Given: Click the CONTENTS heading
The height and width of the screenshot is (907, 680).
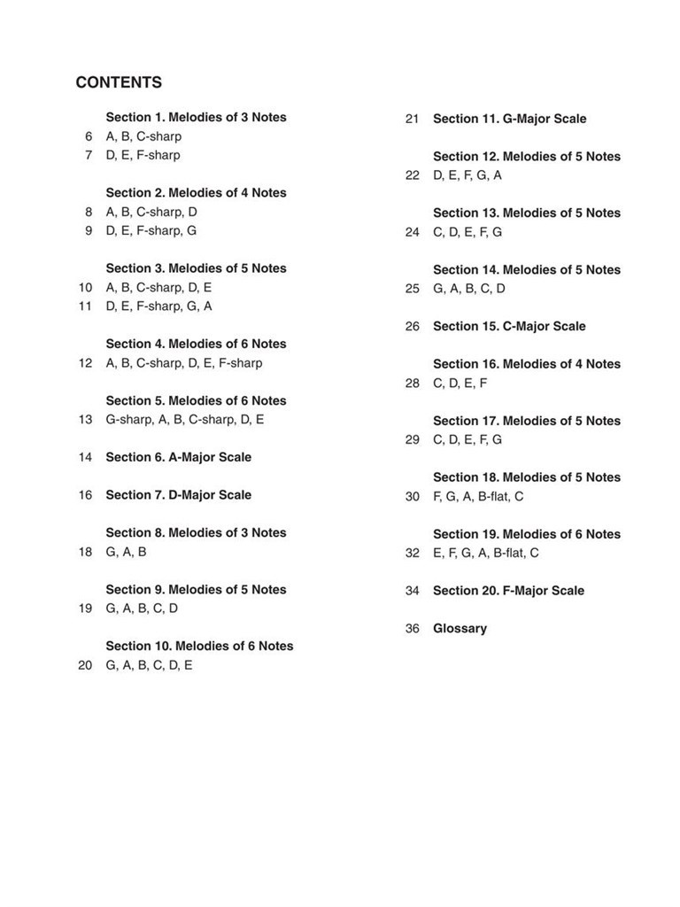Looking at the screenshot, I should [x=119, y=83].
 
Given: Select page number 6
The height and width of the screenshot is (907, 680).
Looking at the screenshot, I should [x=89, y=136].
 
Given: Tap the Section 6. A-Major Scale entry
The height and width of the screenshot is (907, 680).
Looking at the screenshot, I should [x=178, y=457].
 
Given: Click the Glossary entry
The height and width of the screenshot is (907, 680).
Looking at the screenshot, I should [x=460, y=628].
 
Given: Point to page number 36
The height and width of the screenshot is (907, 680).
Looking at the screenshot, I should [x=413, y=628].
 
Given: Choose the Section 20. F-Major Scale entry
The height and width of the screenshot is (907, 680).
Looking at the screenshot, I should [x=508, y=591].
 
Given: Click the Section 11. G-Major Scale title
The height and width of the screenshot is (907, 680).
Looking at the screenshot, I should [x=509, y=119].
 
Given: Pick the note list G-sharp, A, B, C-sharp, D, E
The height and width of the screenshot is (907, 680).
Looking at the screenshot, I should [x=184, y=420].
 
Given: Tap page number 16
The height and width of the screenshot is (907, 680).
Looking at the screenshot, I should [x=85, y=495].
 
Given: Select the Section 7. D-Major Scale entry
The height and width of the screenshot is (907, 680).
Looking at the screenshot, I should [x=178, y=495].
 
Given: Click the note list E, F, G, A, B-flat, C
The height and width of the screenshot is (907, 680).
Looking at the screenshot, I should [x=485, y=554].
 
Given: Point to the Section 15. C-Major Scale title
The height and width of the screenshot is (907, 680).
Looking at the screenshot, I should [x=509, y=326].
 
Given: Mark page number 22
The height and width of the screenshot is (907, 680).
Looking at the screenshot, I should [x=413, y=175].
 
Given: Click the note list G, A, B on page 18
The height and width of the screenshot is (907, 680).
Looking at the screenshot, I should [x=126, y=552].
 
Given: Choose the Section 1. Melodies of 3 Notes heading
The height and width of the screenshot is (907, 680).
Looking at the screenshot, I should [x=196, y=117].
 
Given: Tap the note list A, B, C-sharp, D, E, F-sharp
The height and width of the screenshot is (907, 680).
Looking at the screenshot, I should [x=184, y=363].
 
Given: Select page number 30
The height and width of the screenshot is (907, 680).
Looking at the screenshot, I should [x=413, y=497].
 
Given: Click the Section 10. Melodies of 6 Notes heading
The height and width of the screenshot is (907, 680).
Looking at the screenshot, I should [x=199, y=646].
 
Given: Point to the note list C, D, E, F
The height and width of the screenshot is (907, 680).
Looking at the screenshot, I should [x=460, y=384].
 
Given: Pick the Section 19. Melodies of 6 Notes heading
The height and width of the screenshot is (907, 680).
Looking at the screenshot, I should [x=527, y=534].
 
